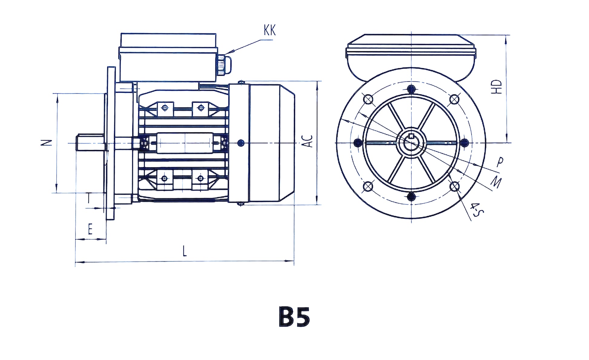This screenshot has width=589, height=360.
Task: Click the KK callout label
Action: point(270,30)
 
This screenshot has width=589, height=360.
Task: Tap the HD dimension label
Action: point(496,87)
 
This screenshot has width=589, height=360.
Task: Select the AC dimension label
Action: point(308,141)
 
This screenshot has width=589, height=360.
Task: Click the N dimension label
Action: point(46,143)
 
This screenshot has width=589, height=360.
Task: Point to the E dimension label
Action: point(90,229)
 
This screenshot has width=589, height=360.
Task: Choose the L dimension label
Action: point(185,251)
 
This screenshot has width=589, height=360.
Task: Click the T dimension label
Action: point(89,198)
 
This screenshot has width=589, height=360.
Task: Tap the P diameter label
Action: point(500,162)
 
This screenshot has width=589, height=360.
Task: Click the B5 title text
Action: point(294,317)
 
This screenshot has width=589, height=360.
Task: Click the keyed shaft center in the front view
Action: point(411,142)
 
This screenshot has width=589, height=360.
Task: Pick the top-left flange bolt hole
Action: point(368,99)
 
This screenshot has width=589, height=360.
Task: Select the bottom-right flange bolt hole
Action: point(454,187)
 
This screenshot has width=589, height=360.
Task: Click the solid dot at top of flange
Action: point(411,89)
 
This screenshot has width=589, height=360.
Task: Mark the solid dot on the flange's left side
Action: point(358,142)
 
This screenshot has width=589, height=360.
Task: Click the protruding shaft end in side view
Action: point(90,143)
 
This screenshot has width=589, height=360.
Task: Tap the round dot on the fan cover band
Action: point(241,143)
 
